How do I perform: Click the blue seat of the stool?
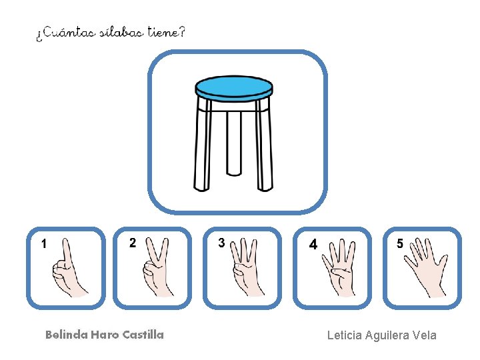click(x=234, y=89)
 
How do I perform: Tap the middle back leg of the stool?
click(x=234, y=143)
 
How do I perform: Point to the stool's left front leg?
click(x=203, y=143)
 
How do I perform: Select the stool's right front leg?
click(x=264, y=144)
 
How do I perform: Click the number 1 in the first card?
click(x=44, y=244)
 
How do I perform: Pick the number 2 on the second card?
click(x=133, y=243)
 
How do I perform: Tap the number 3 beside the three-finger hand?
click(x=221, y=243)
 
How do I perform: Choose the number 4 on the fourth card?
click(x=313, y=245)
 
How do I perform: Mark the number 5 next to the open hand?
click(x=400, y=243)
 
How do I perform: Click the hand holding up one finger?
click(x=68, y=269)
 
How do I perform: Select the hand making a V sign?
click(x=157, y=268)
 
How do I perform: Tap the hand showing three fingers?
click(x=246, y=268)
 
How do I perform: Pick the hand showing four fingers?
click(x=339, y=269)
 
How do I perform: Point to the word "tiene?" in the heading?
click(x=167, y=31)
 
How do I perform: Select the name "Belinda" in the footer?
click(x=67, y=335)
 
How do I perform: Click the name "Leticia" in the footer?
click(x=345, y=335)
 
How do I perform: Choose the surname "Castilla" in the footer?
click(x=143, y=335)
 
